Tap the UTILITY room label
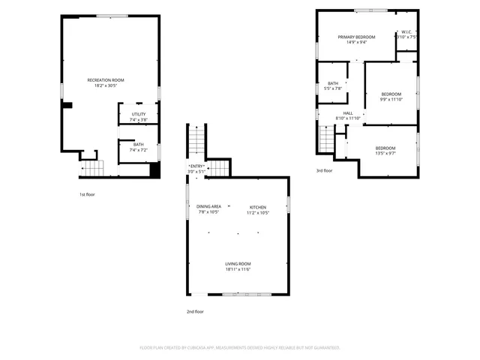(x=138, y=114)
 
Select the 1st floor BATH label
(x=138, y=144)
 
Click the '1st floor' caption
(x=87, y=194)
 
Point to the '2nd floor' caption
(x=195, y=311)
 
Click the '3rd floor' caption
(x=324, y=171)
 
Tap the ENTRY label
(x=196, y=166)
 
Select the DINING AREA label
(x=208, y=206)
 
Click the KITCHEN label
(x=258, y=206)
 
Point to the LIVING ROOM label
(x=238, y=264)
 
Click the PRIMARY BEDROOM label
(x=356, y=37)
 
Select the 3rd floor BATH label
(x=332, y=83)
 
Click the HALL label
(x=348, y=113)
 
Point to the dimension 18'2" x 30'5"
(x=105, y=85)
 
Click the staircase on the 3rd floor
(x=326, y=139)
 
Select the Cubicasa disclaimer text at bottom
(x=240, y=347)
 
